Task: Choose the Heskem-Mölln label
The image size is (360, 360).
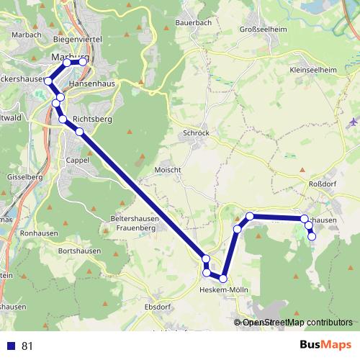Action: coord(222,290)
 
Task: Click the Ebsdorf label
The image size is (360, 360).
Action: coord(158,307)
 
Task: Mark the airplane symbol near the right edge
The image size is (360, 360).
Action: coord(351,121)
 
